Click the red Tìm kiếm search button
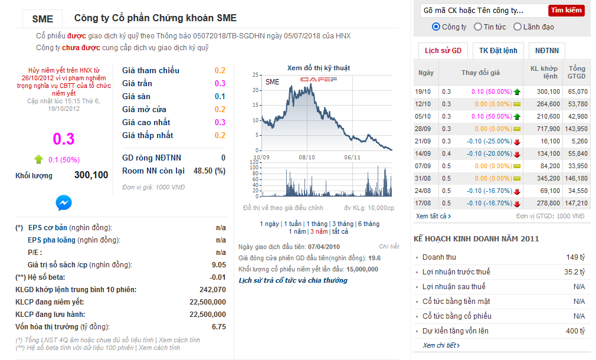[x=566, y=10]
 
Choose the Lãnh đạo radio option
[x=518, y=27]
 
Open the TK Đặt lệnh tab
[x=498, y=51]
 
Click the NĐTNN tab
[x=547, y=51]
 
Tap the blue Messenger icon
[x=64, y=203]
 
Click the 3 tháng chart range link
[x=342, y=224]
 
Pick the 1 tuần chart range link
[x=293, y=224]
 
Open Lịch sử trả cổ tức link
[x=293, y=280]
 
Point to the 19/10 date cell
[x=424, y=91]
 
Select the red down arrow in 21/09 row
[x=517, y=142]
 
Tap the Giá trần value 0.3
[x=220, y=83]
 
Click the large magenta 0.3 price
[x=64, y=139]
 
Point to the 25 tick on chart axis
[x=256, y=75]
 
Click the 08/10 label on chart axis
[x=307, y=157]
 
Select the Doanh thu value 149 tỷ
[x=575, y=257]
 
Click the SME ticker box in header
[x=42, y=19]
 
